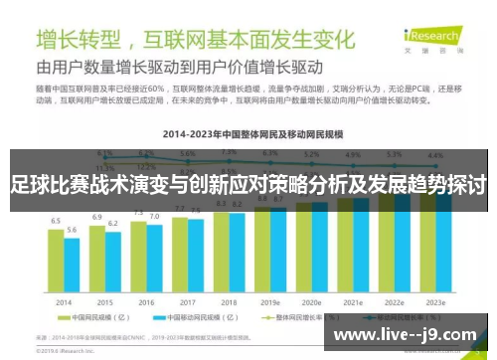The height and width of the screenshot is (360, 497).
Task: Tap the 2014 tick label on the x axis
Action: click(x=63, y=302)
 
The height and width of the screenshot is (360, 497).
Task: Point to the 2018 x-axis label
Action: click(x=229, y=302)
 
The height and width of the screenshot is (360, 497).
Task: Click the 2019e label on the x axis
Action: click(x=270, y=302)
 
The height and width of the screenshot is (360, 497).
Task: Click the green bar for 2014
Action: click(x=56, y=261)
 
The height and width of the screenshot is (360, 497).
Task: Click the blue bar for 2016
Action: click(x=153, y=259)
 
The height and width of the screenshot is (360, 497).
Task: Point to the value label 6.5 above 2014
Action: click(x=56, y=221)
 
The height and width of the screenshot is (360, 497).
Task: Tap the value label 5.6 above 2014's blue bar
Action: click(x=72, y=230)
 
